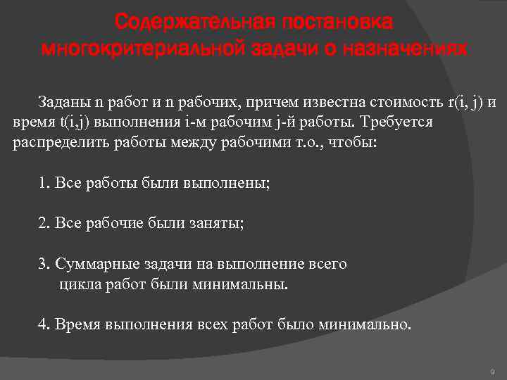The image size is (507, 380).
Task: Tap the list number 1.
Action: pos(42,184)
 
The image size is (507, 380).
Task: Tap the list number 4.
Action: pos(42,325)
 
